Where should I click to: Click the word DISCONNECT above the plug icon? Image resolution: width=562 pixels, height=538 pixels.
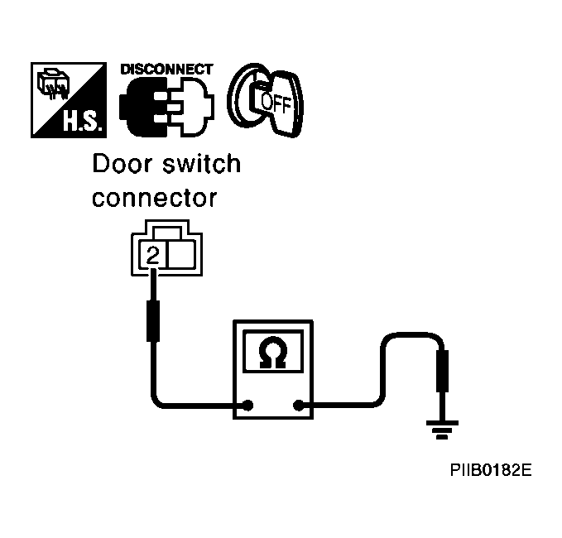coord(166,70)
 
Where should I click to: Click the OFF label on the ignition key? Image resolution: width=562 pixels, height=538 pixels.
coord(276,103)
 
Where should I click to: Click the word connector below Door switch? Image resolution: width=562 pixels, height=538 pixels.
coord(155,198)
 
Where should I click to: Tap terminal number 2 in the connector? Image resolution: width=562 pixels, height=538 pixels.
coord(153,255)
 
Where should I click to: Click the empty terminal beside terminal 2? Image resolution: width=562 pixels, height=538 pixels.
coord(182,255)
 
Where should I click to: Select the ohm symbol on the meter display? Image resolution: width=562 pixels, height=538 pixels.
coord(273,353)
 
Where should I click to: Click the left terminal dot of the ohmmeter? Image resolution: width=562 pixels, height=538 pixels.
coord(247,406)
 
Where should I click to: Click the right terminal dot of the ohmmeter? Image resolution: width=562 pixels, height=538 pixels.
coord(298,406)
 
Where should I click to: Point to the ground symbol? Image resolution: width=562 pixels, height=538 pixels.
coord(442,430)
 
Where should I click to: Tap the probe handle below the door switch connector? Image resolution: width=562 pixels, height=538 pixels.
coord(153,321)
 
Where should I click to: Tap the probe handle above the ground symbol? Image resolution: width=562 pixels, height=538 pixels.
coord(442,371)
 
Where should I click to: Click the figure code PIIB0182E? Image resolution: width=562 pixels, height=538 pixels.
coord(491,470)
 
